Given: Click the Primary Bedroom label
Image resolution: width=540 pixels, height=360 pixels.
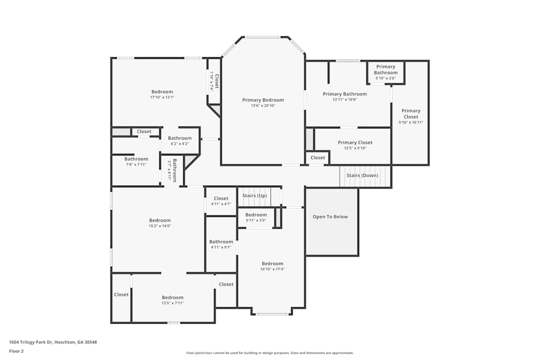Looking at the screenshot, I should click(x=263, y=100).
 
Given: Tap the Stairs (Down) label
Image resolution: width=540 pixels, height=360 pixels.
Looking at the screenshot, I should click(x=362, y=175).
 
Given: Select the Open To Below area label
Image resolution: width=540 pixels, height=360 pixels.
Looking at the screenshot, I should click(x=330, y=217).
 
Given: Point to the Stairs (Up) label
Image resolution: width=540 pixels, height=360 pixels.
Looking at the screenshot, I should click(x=254, y=195).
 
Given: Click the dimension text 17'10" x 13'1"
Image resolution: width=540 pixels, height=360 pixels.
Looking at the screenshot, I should click(x=162, y=98).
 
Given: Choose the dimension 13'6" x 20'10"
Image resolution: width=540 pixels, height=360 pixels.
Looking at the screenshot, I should click(x=263, y=106).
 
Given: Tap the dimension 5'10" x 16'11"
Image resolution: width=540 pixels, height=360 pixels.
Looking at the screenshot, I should click(x=411, y=123).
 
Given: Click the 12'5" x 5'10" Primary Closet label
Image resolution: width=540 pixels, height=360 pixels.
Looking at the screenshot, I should click(x=355, y=143).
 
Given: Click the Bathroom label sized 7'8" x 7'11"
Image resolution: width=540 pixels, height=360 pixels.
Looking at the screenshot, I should click(x=136, y=159).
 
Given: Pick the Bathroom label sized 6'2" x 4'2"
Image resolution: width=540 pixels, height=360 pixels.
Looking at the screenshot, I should click(x=180, y=138).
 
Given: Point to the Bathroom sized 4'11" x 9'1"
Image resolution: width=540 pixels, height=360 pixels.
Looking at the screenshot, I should click(x=221, y=242).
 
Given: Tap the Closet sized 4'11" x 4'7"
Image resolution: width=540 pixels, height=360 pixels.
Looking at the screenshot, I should click(x=221, y=199).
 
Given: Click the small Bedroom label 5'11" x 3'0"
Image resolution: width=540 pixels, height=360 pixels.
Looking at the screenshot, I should click(x=256, y=215).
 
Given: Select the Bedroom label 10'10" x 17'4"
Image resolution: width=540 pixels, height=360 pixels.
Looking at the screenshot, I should click(x=272, y=263).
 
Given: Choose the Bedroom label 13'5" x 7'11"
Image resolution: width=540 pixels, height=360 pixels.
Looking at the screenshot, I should click(x=173, y=297).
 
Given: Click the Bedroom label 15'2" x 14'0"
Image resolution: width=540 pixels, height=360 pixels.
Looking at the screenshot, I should click(x=160, y=220).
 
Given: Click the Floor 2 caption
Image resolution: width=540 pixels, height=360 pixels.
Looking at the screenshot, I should click(x=16, y=351).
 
